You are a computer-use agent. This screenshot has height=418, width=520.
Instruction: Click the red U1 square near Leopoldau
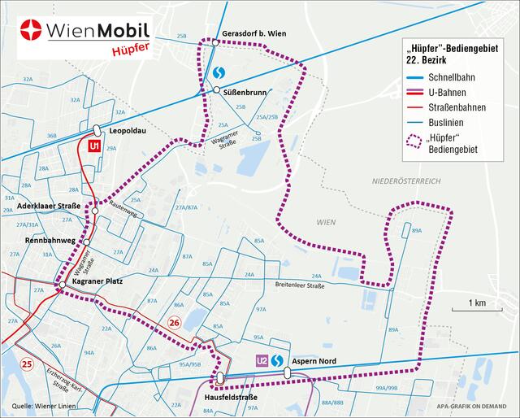click(94, 146)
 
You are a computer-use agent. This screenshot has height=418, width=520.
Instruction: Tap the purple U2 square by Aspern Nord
click(262, 360)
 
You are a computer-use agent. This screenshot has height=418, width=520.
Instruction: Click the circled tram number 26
click(172, 323)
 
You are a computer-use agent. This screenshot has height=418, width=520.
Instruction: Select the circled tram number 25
click(28, 363)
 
